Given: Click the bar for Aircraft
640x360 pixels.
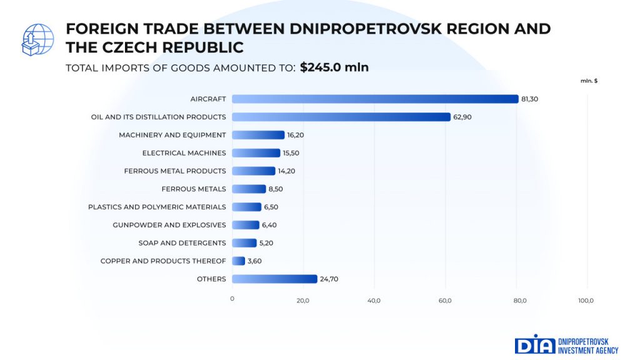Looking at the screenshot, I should pyautogui.click(x=375, y=99).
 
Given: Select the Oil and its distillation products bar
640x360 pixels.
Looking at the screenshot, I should pyautogui.click(x=341, y=117).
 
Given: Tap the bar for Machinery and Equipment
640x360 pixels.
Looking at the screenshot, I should pyautogui.click(x=258, y=135).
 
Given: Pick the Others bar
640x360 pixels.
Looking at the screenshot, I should pyautogui.click(x=274, y=279).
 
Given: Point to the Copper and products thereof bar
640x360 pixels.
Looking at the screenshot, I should pyautogui.click(x=239, y=261).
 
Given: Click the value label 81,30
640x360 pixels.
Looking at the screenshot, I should pyautogui.click(x=529, y=99).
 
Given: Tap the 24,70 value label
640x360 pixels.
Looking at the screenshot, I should pyautogui.click(x=329, y=279).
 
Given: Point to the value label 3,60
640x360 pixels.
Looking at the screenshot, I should pyautogui.click(x=254, y=261).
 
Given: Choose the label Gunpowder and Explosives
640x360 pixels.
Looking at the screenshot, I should pyautogui.click(x=169, y=225).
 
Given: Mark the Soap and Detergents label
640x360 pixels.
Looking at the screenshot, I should pyautogui.click(x=182, y=243).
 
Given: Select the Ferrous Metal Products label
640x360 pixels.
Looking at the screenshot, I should pyautogui.click(x=175, y=171).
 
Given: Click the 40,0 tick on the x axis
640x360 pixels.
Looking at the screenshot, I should pyautogui.click(x=374, y=301).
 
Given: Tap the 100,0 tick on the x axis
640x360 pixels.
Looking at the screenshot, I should pyautogui.click(x=586, y=301).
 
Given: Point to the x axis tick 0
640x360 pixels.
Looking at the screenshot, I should pyautogui.click(x=232, y=299).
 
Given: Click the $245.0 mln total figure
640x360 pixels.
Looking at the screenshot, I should pyautogui.click(x=334, y=67).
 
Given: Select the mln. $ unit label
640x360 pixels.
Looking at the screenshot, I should pyautogui.click(x=589, y=81).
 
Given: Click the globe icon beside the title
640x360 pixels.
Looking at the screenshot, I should pyautogui.click(x=38, y=39).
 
